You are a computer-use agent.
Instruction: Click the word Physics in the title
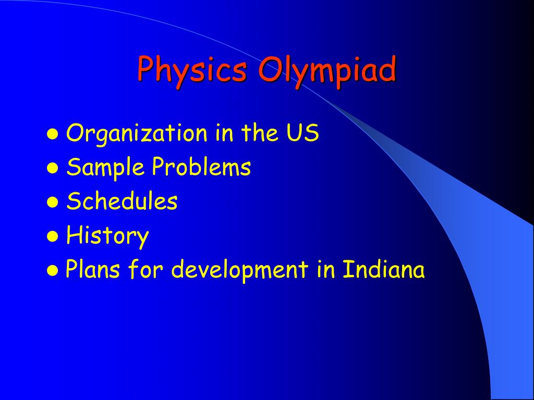click(192, 71)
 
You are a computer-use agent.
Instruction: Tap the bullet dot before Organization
click(52, 134)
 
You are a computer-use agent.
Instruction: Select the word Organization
click(137, 134)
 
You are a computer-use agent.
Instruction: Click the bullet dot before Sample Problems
click(52, 169)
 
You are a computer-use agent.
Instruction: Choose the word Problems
click(201, 168)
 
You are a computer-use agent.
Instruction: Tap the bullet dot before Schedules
click(52, 203)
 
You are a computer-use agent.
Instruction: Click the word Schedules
click(122, 202)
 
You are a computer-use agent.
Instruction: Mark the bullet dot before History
click(52, 237)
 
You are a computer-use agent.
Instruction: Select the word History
click(107, 236)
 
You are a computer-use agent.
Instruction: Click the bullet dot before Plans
click(52, 271)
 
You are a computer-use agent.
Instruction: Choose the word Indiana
click(383, 270)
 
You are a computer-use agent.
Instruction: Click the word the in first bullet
click(259, 133)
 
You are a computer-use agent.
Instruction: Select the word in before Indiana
click(326, 270)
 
